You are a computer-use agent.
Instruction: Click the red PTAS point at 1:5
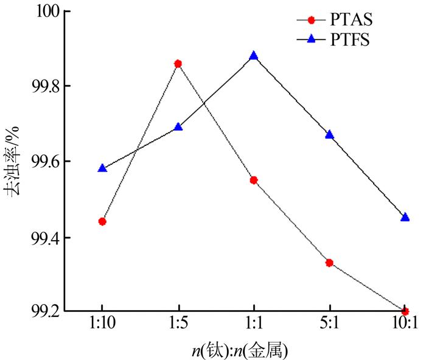(178, 63)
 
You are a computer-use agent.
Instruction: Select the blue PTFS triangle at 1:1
(254, 56)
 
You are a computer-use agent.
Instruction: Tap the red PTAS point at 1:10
(102, 221)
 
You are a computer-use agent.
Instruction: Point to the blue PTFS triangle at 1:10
(102, 168)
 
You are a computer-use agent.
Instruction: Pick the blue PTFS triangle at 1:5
(178, 127)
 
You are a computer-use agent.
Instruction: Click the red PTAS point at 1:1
(254, 180)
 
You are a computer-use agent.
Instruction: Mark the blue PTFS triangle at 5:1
(329, 134)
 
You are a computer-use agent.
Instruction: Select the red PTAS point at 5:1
(329, 263)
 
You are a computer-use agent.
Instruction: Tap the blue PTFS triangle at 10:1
(405, 217)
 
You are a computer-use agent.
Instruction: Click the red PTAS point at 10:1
(405, 311)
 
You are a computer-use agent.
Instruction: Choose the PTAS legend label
(349, 19)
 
